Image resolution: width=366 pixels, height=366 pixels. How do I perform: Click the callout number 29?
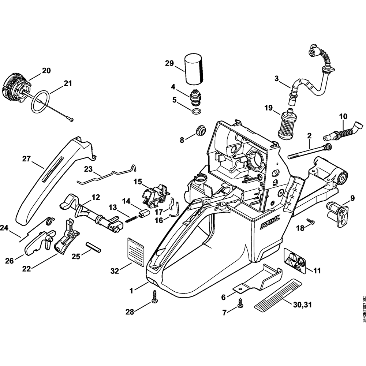[169, 63]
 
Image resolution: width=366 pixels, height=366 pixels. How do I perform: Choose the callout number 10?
[343, 117]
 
